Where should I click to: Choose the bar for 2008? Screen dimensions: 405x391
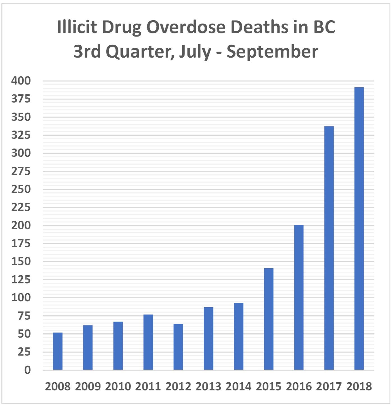(x=58, y=351)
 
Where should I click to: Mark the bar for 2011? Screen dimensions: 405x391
(x=148, y=342)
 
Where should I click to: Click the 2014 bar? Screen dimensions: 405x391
(x=238, y=336)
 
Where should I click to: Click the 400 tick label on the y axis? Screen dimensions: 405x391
(x=21, y=81)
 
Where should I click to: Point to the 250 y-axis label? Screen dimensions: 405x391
(x=21, y=189)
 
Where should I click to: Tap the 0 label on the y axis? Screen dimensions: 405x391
(x=27, y=370)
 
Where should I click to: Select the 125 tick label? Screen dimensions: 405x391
(x=21, y=280)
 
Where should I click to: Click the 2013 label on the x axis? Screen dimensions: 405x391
(x=208, y=386)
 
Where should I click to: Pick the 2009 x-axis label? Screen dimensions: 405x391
(x=88, y=386)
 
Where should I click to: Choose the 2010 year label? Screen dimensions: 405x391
(x=118, y=386)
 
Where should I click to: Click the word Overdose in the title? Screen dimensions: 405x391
(x=186, y=28)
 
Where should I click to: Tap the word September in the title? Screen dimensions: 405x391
(x=272, y=52)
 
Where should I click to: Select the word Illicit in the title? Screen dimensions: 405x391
(x=77, y=28)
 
